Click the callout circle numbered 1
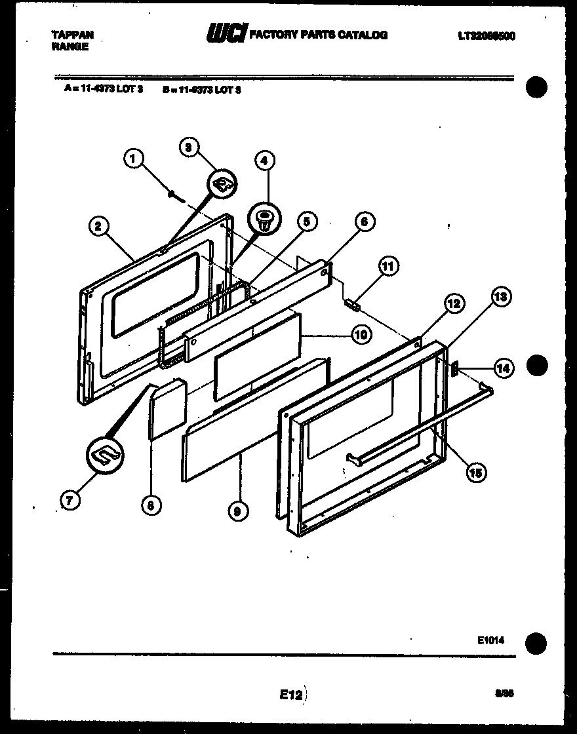pyautogui.click(x=133, y=158)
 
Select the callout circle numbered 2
pyautogui.click(x=98, y=227)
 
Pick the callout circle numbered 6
pyautogui.click(x=365, y=222)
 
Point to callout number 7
pyautogui.click(x=70, y=500)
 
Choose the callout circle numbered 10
pyautogui.click(x=360, y=336)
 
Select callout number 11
pyautogui.click(x=388, y=266)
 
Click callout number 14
pyautogui.click(x=502, y=368)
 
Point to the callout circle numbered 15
pyautogui.click(x=477, y=472)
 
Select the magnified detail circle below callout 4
pyautogui.click(x=264, y=219)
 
